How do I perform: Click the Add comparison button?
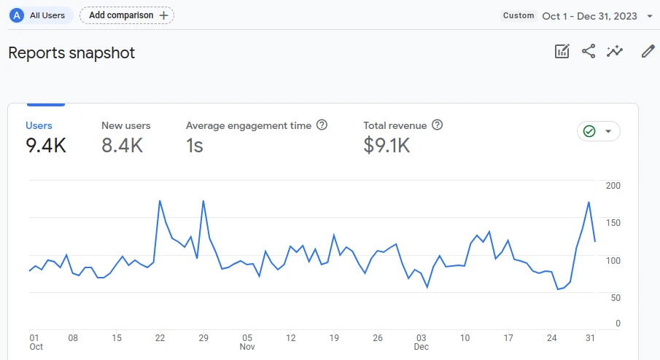[x=127, y=15]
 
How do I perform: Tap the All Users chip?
[x=41, y=15]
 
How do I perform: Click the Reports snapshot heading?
[x=71, y=53]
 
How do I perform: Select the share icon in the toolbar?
[x=589, y=51]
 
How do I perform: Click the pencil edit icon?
[x=648, y=51]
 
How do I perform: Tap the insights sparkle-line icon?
[x=615, y=51]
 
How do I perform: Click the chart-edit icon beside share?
[x=562, y=51]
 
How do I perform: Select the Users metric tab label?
[x=39, y=126]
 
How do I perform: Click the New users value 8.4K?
[x=122, y=146]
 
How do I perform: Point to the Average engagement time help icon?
[x=322, y=125]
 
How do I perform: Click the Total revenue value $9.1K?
[x=387, y=146]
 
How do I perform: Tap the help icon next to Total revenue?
[x=438, y=125]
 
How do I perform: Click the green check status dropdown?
[x=598, y=131]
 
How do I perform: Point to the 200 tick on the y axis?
[x=613, y=186]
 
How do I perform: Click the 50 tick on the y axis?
[x=616, y=298]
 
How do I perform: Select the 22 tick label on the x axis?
[x=160, y=338]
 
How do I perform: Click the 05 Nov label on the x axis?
[x=247, y=343]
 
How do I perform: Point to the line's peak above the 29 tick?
[x=203, y=201]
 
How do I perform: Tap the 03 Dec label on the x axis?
[x=422, y=343]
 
